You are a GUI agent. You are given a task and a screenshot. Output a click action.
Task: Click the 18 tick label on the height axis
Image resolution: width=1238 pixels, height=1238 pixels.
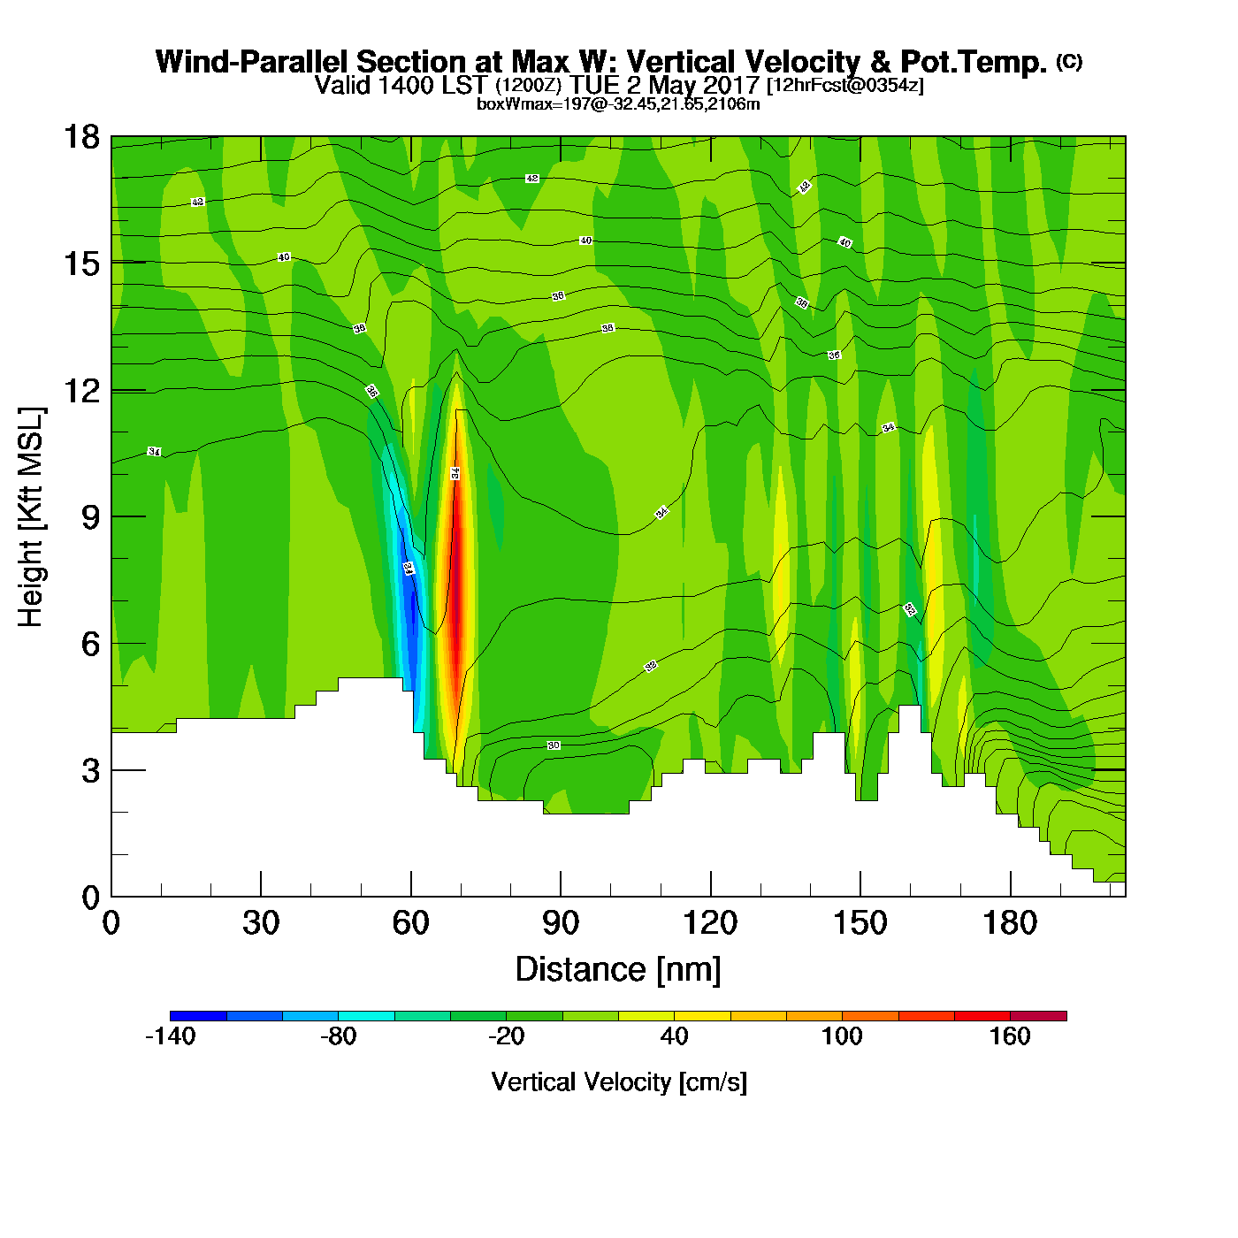pyautogui.click(x=80, y=137)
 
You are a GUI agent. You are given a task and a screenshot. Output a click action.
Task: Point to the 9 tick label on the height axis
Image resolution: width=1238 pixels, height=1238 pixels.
pyautogui.click(x=90, y=517)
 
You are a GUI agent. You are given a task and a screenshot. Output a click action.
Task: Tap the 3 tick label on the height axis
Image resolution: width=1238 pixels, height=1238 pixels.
pyautogui.click(x=90, y=771)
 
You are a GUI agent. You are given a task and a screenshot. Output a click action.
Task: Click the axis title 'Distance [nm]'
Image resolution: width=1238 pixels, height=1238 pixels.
pyautogui.click(x=618, y=970)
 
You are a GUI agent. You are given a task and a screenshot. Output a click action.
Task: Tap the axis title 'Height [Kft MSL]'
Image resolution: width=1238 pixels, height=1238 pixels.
pyautogui.click(x=31, y=517)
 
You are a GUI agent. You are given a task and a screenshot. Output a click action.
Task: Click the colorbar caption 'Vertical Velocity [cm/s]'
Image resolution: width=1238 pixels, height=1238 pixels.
pyautogui.click(x=619, y=1081)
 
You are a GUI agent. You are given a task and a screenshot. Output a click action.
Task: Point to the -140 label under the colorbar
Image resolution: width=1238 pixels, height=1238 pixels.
pyautogui.click(x=170, y=1036)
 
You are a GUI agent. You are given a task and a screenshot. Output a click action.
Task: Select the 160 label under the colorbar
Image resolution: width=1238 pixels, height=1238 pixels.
pyautogui.click(x=1010, y=1036)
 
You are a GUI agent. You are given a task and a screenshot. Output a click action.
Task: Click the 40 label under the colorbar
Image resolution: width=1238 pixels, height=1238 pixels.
pyautogui.click(x=674, y=1036)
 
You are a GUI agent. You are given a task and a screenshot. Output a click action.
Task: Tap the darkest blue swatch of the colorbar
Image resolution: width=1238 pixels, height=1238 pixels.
pyautogui.click(x=198, y=1015)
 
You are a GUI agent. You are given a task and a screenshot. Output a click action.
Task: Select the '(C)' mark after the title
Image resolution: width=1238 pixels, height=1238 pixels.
pyautogui.click(x=1069, y=61)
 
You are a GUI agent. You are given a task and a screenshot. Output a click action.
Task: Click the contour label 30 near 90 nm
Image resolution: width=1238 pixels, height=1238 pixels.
pyautogui.click(x=554, y=745)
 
